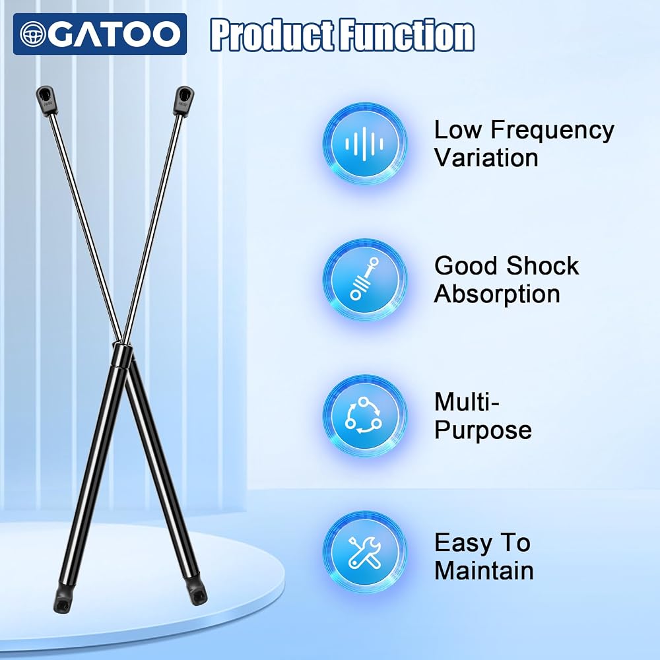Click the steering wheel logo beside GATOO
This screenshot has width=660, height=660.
pyautogui.click(x=33, y=34)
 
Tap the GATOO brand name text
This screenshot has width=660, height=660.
pyautogui.click(x=114, y=34)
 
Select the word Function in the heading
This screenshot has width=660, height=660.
pyautogui.click(x=407, y=34)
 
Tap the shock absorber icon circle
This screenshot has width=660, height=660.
pyautogui.click(x=364, y=280)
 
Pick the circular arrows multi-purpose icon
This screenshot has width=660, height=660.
pyautogui.click(x=364, y=416)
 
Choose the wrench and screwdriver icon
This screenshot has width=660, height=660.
pyautogui.click(x=364, y=552)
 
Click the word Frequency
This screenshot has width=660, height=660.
pyautogui.click(x=552, y=131)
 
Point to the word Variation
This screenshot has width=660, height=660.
pyautogui.click(x=486, y=158)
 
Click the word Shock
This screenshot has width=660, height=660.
pyautogui.click(x=543, y=266)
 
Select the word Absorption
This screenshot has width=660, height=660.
pyautogui.click(x=497, y=294)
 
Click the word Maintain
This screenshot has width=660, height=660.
pyautogui.click(x=484, y=570)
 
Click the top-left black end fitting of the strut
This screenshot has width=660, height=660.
pyautogui.click(x=46, y=100)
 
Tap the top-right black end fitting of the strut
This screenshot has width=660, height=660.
pyautogui.click(x=184, y=100)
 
